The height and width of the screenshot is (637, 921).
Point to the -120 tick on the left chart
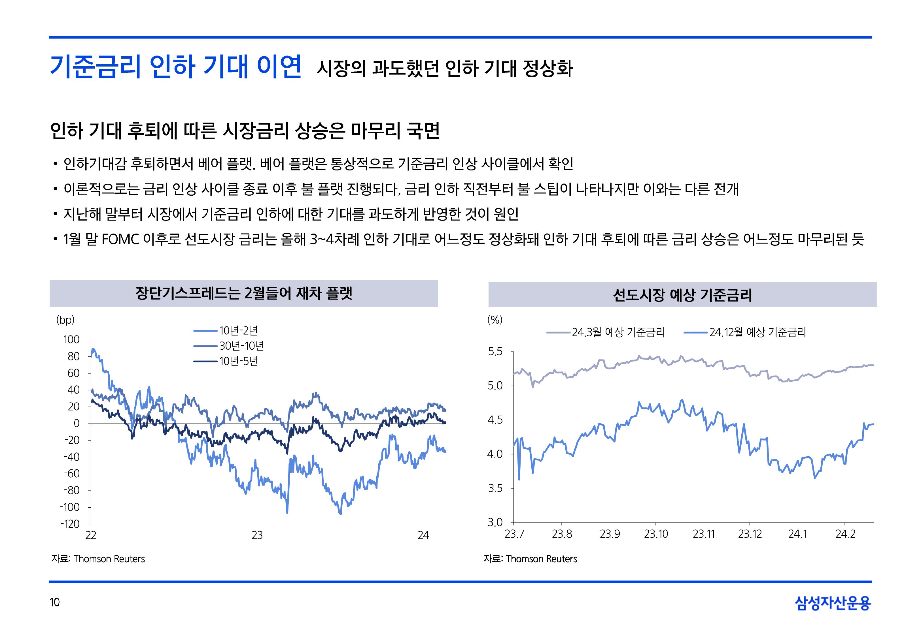point(70,524)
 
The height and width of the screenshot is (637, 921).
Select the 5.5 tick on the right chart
point(495,352)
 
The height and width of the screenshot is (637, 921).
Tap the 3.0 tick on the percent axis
point(495,522)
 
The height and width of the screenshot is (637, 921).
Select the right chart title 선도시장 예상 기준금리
point(682,295)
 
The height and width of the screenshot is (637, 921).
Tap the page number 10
point(55,602)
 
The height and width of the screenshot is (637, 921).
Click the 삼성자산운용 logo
point(833,603)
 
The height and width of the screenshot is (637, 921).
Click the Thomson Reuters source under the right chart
point(541,559)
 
